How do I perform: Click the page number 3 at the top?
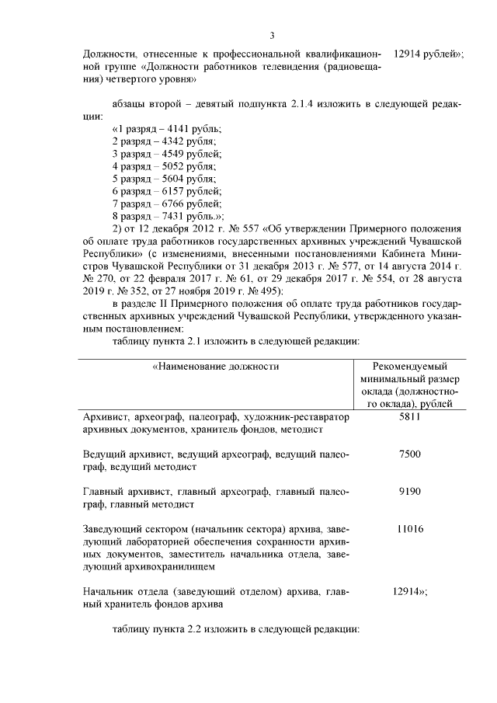click(272, 34)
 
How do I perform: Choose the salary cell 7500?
click(409, 454)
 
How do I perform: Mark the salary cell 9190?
click(409, 492)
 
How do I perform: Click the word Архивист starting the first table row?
click(104, 417)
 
